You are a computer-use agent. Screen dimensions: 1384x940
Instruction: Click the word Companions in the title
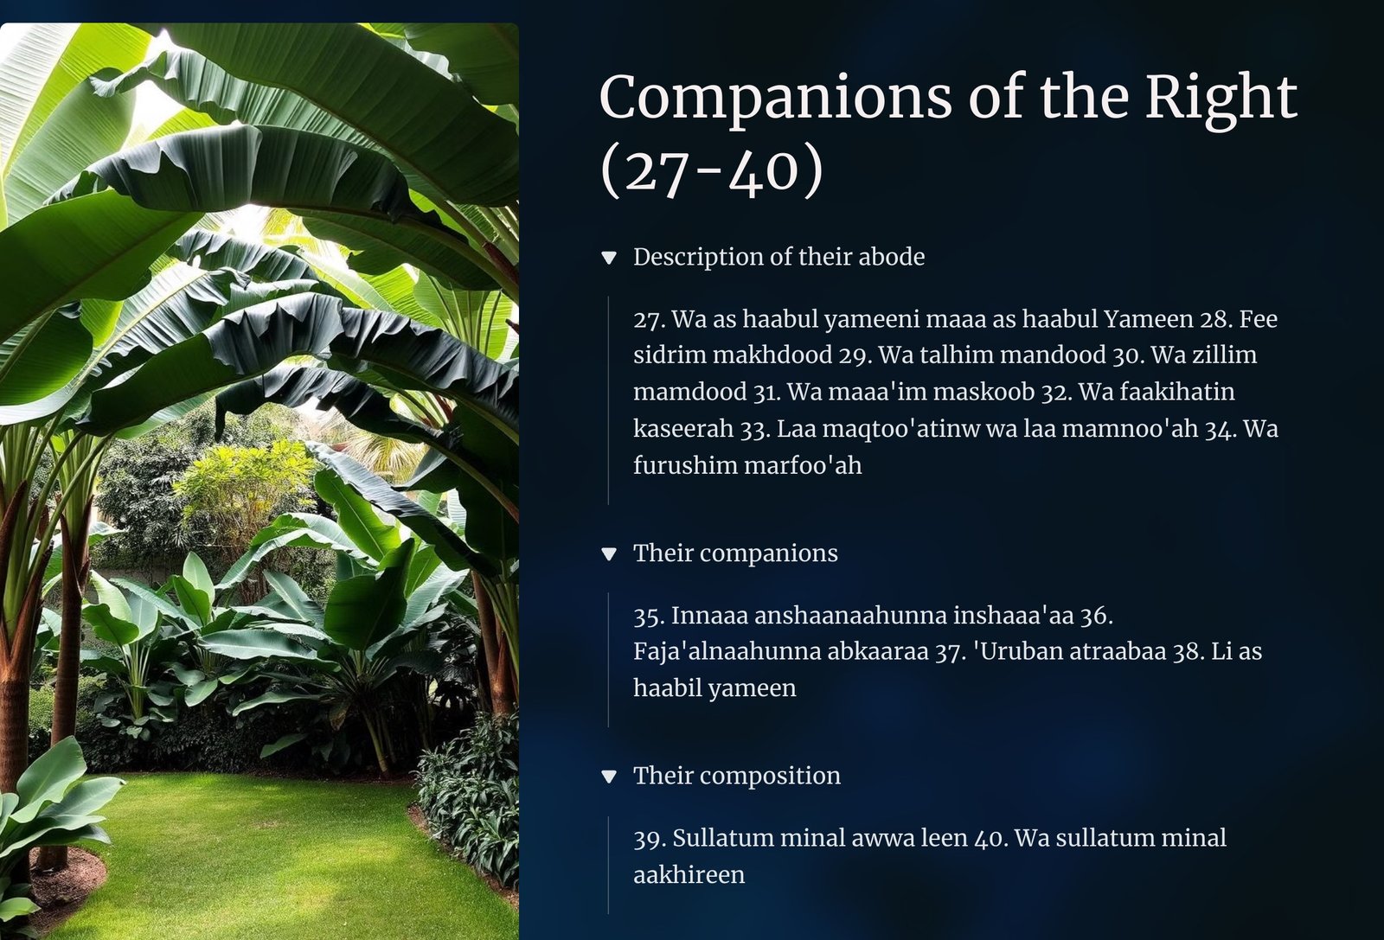(775, 99)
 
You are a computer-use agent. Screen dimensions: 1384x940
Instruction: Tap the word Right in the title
(1221, 99)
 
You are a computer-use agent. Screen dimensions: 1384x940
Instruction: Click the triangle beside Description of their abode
(609, 258)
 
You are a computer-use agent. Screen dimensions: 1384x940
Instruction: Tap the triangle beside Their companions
(609, 554)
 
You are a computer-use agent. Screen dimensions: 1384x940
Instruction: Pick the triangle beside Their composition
(609, 777)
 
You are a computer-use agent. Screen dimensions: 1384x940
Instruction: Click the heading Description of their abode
(779, 257)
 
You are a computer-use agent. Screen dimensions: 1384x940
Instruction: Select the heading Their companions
(735, 553)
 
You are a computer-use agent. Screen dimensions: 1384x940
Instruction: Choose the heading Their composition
(736, 776)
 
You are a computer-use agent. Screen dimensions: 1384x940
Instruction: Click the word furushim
(686, 465)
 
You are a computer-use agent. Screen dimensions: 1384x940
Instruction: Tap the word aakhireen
(689, 874)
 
